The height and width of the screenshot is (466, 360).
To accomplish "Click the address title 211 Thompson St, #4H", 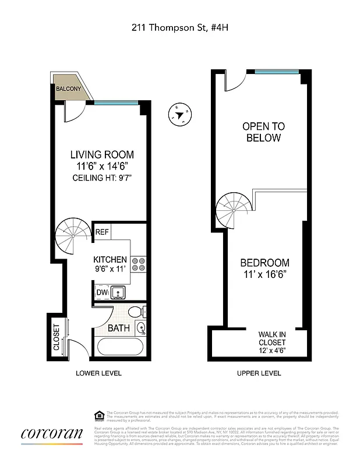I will click(x=179, y=27).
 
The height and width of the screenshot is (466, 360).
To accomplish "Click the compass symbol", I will click(x=180, y=114).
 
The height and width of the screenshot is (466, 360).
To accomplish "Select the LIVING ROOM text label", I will click(x=102, y=155).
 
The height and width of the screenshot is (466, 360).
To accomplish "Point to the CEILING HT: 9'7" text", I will click(x=102, y=178).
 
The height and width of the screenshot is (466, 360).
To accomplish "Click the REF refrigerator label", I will click(x=103, y=231).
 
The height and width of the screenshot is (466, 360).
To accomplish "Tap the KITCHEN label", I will click(x=110, y=259).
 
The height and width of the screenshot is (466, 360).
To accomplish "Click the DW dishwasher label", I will click(x=101, y=292).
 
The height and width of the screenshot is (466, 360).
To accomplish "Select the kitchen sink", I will click(x=119, y=292).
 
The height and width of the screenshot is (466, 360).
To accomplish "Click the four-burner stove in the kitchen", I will click(x=138, y=265).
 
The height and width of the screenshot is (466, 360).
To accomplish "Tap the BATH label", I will click(x=118, y=328).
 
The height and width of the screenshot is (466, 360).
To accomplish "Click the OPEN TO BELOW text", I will click(x=263, y=132).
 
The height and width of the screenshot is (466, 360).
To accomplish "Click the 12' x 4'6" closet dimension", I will click(x=272, y=350).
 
